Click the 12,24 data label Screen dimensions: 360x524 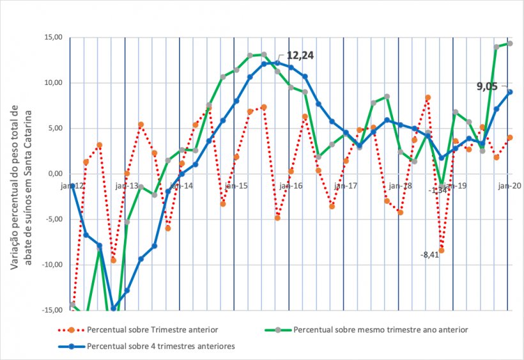[300, 56]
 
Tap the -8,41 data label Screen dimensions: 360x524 [429, 255]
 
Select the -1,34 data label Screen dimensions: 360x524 [438, 190]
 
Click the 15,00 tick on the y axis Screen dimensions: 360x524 [53, 38]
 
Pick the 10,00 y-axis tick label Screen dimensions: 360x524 [53, 83]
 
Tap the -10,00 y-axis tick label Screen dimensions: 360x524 [52, 265]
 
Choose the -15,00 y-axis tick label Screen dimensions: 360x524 [52, 310]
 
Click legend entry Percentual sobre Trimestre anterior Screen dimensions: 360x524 [153, 330]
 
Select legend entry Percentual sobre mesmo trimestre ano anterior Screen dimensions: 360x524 [381, 330]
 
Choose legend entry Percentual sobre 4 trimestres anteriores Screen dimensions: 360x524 [160, 347]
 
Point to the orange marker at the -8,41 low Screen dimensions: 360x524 [441, 250]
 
